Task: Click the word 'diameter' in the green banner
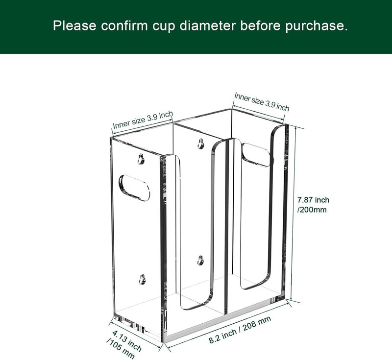(207, 25)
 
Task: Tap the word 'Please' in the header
(74, 25)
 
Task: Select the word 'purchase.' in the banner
(316, 26)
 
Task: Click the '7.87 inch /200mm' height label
(313, 205)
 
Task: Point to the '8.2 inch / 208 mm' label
(240, 330)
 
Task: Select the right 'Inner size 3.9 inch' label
(262, 101)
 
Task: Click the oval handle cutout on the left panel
(134, 188)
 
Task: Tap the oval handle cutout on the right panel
(256, 155)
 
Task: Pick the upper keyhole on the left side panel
(141, 159)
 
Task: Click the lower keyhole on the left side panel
(142, 279)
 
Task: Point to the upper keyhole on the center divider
(200, 144)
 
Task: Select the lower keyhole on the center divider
(200, 260)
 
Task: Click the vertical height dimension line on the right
(294, 214)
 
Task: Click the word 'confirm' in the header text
(124, 25)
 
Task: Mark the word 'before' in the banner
(260, 25)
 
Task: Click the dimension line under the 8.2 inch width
(227, 326)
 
